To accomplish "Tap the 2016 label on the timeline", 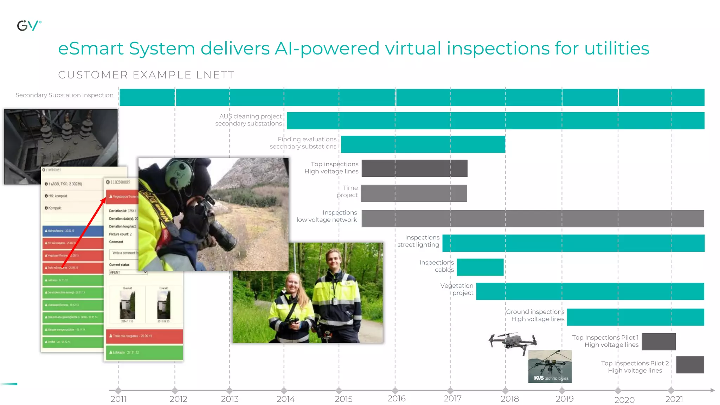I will point(397,399).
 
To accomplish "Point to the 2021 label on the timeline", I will point(674,399).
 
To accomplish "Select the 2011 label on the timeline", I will point(118,399).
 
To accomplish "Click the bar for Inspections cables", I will point(480,267).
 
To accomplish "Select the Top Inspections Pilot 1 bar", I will point(658,342).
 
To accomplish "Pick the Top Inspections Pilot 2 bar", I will point(690,365).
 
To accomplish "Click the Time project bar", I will point(414,193).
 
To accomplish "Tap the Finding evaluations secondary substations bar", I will point(423,144).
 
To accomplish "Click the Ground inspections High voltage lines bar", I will point(635,317).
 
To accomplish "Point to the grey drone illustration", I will point(512,341).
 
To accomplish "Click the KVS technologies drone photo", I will point(550,366).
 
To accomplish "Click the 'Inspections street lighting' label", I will point(418,241).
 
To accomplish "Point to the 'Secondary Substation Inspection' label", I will point(64,95).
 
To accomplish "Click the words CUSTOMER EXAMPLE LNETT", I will point(146,75).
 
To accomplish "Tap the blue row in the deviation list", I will point(73,231).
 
